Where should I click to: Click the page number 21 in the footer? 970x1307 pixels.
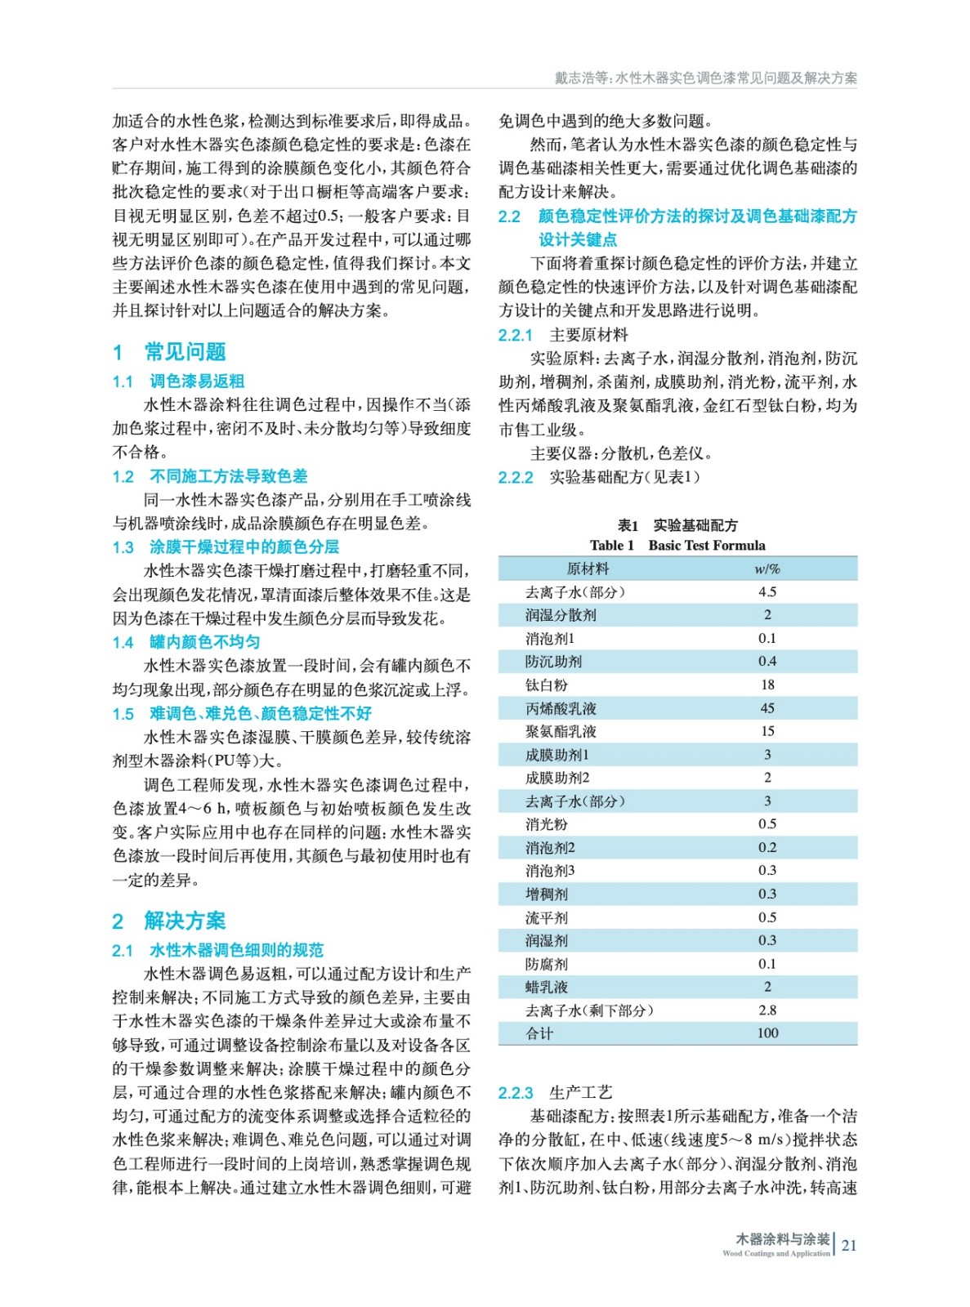tap(849, 1245)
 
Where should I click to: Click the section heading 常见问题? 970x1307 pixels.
tap(185, 352)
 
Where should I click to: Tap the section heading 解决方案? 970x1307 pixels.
tap(185, 921)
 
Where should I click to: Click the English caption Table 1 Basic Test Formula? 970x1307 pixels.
tap(677, 546)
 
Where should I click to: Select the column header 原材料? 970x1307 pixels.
tap(588, 569)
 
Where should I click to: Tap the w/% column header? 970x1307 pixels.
tap(767, 569)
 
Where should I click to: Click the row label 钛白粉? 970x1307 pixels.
tap(546, 685)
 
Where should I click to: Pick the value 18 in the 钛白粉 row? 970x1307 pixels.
tap(767, 685)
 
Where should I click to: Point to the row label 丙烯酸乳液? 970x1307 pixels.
tap(561, 708)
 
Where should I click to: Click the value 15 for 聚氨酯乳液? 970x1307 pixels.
tap(767, 731)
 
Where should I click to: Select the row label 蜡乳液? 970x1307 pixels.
tap(546, 987)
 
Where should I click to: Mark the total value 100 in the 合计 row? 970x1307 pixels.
tap(767, 1033)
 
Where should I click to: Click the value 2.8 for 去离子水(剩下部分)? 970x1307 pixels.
tap(767, 1010)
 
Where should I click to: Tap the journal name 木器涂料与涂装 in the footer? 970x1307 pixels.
tap(782, 1239)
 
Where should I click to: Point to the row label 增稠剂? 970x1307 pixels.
tap(546, 894)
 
